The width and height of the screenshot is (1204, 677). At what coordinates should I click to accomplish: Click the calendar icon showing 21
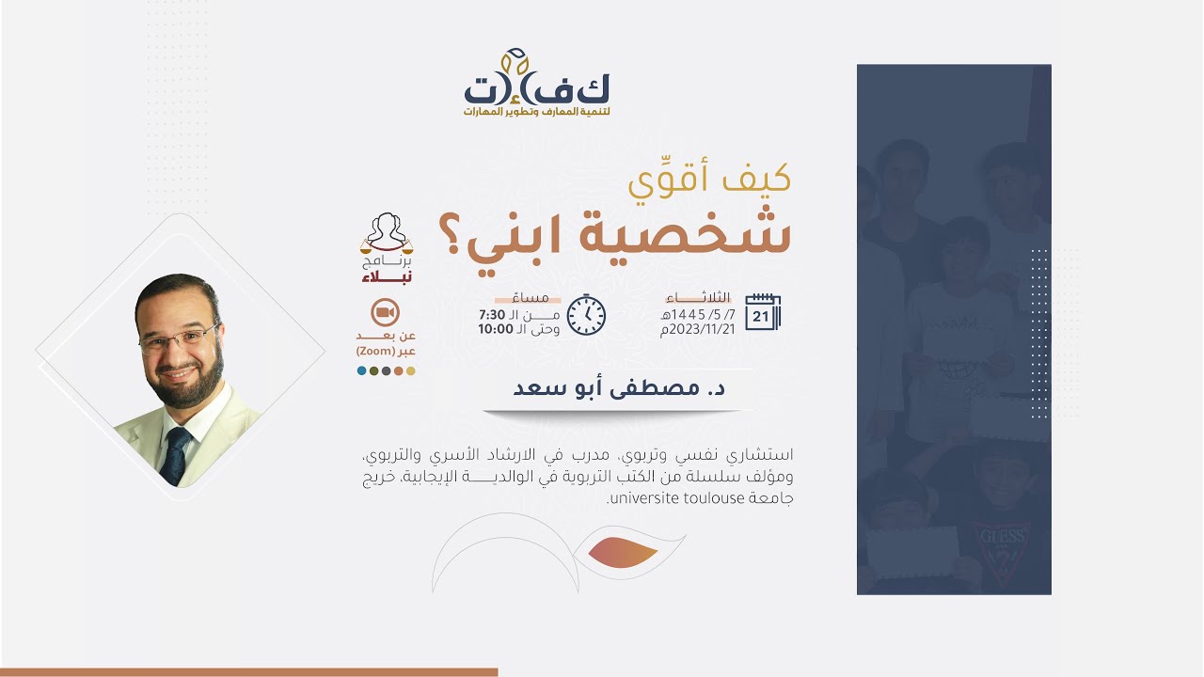(x=763, y=312)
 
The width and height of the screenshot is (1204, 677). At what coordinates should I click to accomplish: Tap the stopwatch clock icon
(x=586, y=314)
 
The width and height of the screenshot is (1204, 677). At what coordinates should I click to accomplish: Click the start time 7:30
(x=492, y=313)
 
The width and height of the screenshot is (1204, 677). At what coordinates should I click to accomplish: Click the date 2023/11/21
(x=699, y=329)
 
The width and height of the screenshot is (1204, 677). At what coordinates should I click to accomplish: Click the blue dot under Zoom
(x=362, y=370)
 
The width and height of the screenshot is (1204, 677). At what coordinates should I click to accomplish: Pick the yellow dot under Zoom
(x=410, y=370)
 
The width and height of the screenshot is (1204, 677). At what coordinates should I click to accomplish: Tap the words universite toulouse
(x=667, y=497)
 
